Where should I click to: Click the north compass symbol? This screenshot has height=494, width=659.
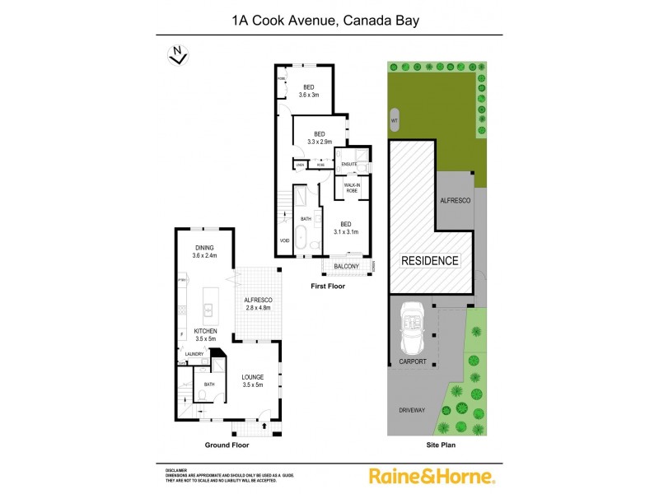point(176,55)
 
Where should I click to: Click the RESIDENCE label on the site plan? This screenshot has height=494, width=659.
point(429,261)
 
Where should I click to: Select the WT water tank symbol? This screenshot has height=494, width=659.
point(395,121)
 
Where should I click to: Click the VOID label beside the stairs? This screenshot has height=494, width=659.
point(285,241)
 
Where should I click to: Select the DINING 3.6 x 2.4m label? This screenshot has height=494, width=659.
point(203,252)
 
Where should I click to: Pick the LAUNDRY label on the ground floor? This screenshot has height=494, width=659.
point(194,355)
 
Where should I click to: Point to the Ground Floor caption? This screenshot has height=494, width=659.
point(227,445)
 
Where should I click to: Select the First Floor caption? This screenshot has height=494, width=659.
point(327,287)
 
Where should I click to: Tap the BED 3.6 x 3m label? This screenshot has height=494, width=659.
point(309,91)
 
